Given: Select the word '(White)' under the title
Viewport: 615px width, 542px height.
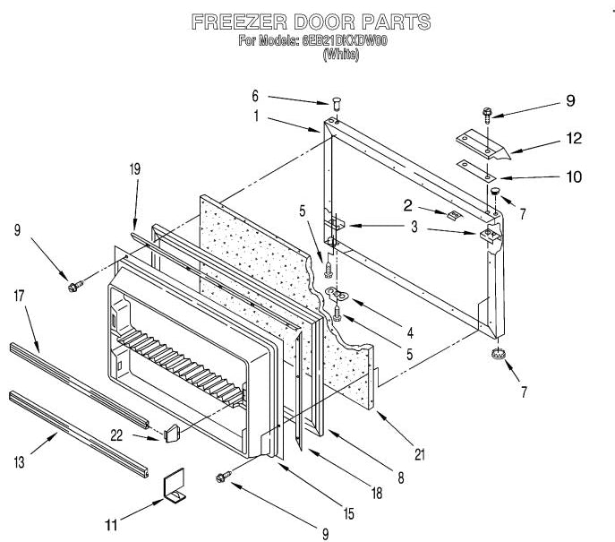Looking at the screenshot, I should pos(340,54).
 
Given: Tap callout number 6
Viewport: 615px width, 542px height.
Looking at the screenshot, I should pos(254,95).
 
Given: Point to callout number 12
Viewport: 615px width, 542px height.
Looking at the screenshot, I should pos(573,138).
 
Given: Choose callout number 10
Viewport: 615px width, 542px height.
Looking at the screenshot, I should pos(573,176).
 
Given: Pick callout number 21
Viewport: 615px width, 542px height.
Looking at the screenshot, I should pos(421,455).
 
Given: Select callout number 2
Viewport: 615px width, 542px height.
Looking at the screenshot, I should pos(406,205).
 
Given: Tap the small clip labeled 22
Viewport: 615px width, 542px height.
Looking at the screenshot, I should pos(173,433).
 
